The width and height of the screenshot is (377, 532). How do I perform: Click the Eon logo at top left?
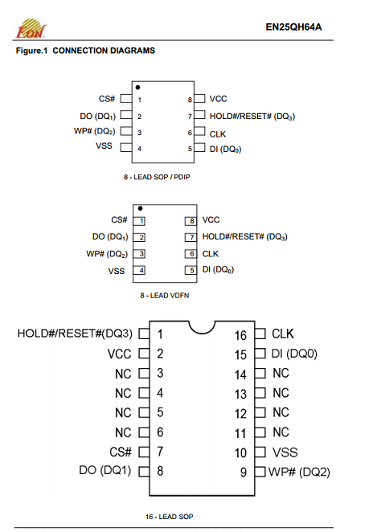point(31,28)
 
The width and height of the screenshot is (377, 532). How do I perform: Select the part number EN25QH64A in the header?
point(293,27)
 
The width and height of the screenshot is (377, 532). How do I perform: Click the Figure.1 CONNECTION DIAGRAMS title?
point(85,51)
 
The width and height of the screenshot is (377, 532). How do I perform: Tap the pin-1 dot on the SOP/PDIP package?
point(137,88)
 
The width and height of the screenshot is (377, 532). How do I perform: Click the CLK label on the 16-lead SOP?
point(283,334)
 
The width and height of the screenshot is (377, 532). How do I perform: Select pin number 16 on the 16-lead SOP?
point(240,336)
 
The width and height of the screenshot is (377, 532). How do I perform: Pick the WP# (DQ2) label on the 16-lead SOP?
point(299,472)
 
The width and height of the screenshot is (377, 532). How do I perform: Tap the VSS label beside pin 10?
point(285,452)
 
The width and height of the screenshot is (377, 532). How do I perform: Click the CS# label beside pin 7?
point(121,452)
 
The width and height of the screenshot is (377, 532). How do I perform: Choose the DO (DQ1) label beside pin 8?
point(104,470)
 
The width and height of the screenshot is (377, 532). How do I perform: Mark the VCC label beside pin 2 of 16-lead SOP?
point(120,354)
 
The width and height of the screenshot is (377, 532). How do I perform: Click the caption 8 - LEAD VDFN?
point(165,296)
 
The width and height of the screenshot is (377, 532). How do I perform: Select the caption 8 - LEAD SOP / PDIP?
point(157,177)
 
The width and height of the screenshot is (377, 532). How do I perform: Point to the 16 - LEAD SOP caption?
point(170,517)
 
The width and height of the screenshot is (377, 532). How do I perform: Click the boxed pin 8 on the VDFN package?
point(191,221)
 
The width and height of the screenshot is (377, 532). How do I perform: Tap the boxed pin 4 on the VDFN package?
point(139,270)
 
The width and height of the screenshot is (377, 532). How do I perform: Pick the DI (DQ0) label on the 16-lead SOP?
point(294,354)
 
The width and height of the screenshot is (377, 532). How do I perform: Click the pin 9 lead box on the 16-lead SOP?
point(260,472)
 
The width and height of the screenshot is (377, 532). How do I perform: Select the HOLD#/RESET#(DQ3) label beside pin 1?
point(75,334)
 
